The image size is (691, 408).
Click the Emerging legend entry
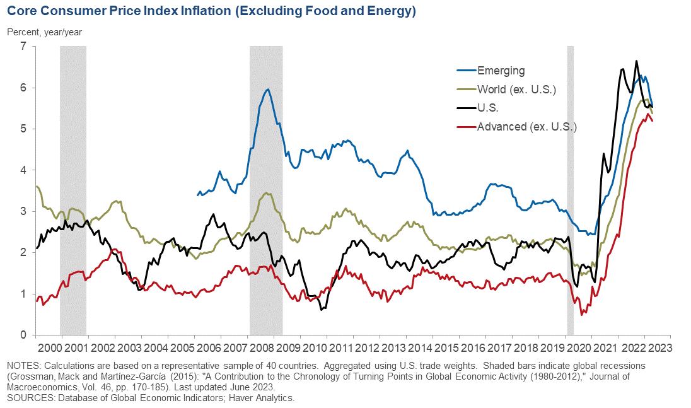(x=501, y=71)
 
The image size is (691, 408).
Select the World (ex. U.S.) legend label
(x=516, y=89)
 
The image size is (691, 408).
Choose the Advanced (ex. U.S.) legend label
(x=527, y=127)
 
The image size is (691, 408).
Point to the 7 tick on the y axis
(x=23, y=47)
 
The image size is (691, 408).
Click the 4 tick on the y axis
(x=23, y=170)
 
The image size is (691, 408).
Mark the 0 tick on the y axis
(x=23, y=335)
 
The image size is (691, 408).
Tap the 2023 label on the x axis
(x=659, y=347)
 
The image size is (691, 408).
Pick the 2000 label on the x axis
(x=49, y=347)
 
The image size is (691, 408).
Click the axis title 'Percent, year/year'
(x=44, y=32)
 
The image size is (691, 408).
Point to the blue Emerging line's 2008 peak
(x=268, y=90)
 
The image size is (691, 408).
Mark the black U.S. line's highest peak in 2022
(x=636, y=61)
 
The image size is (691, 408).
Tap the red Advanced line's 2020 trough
(x=581, y=314)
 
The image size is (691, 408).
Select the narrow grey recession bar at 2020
(x=570, y=189)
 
